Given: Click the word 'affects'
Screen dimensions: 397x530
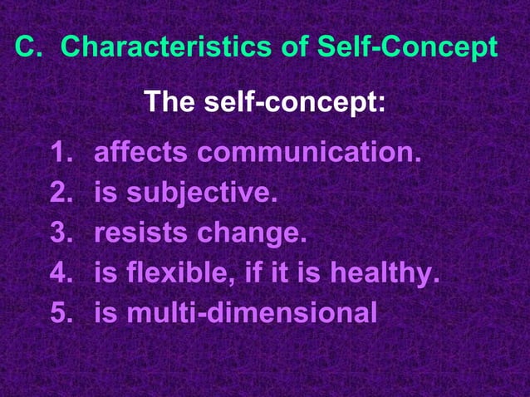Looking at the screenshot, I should pos(141,154).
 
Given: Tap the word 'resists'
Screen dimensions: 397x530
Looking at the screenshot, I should pos(141,233).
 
